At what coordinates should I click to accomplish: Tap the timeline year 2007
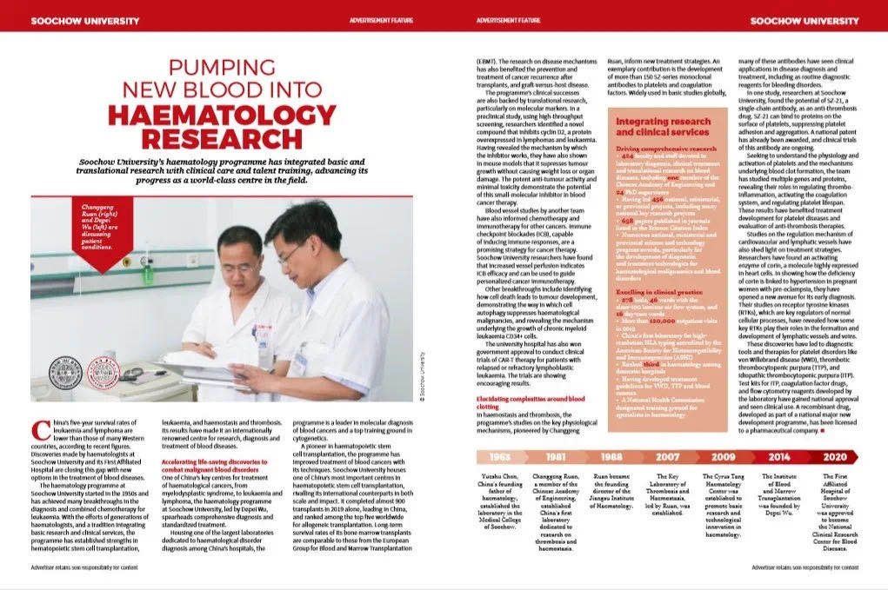tap(668, 456)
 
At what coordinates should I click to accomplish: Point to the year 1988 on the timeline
tap(612, 456)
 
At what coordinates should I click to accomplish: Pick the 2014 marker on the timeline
tap(779, 456)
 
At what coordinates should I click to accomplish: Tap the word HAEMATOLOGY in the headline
tap(211, 115)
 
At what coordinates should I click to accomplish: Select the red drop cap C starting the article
tap(38, 428)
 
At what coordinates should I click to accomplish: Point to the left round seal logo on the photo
tap(64, 373)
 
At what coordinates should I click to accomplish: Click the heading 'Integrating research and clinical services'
tap(663, 127)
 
